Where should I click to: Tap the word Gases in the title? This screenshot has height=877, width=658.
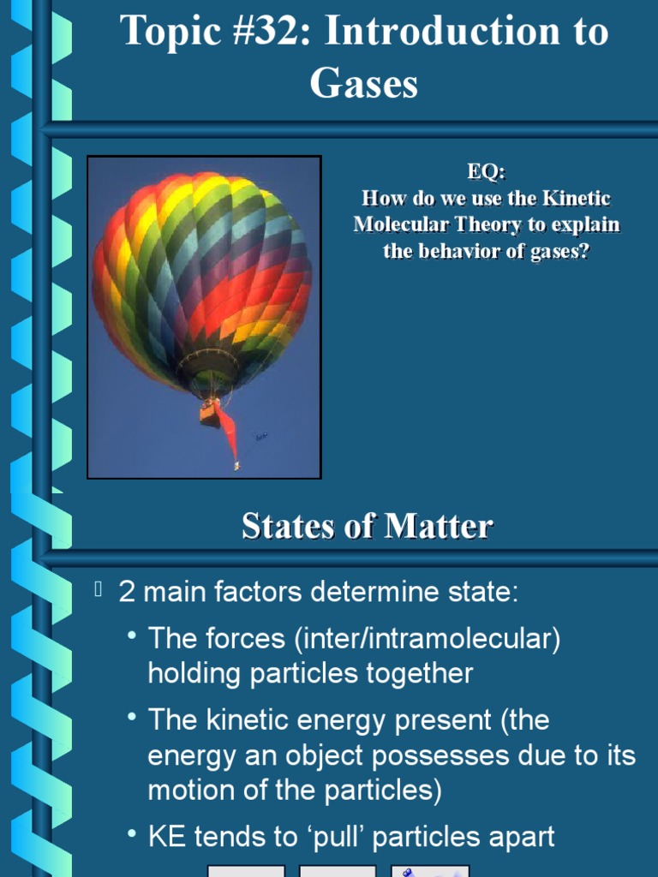coord(364,84)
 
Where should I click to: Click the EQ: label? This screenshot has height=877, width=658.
coord(486,172)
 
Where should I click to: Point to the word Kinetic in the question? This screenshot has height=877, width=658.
coord(577,199)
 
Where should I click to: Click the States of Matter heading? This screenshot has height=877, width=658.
coord(367,526)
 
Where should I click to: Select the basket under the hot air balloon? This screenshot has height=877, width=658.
coord(210,413)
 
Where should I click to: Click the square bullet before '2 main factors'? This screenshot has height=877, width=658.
coord(99,588)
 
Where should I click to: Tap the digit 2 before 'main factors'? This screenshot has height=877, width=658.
coord(127,593)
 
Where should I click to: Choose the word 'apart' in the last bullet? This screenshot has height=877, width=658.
coord(517,837)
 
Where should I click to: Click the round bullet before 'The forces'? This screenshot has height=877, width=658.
coord(131,635)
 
